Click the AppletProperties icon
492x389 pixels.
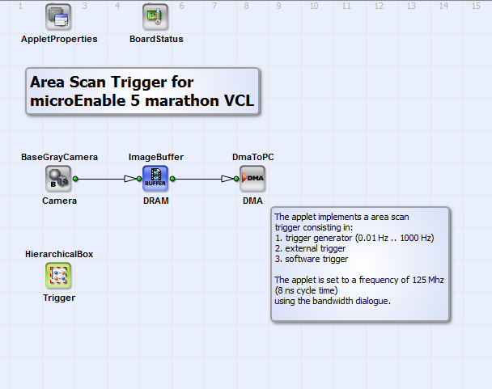tap(58, 17)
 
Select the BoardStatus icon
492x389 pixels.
tap(155, 17)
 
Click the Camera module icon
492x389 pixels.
tap(58, 179)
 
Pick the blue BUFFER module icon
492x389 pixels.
tap(155, 179)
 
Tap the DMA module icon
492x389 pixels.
tap(252, 179)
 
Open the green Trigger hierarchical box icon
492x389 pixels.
tap(58, 276)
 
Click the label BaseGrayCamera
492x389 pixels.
tap(59, 157)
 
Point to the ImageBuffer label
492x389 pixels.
tap(156, 157)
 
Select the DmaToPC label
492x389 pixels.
tap(253, 157)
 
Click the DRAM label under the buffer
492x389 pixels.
tap(156, 201)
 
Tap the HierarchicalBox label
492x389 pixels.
tap(59, 254)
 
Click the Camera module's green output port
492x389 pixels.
tap(75, 179)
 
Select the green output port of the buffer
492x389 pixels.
tap(172, 179)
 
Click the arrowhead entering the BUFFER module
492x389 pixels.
tap(130, 179)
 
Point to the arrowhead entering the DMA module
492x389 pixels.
tap(227, 179)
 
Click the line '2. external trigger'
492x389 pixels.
tap(310, 248)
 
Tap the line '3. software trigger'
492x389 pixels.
tap(312, 259)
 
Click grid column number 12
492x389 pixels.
tap(379, 6)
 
